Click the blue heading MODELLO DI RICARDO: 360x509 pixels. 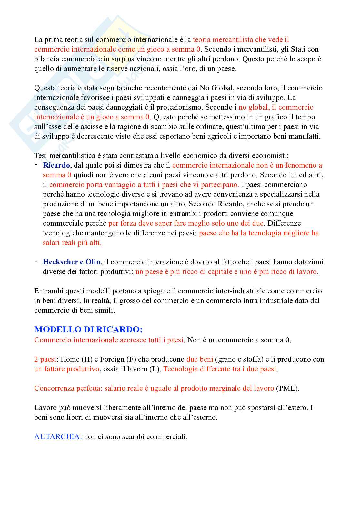(x=88, y=329)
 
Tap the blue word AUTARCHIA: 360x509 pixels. (x=58, y=437)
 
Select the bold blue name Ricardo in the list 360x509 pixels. (x=56, y=165)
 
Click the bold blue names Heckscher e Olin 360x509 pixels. (x=72, y=262)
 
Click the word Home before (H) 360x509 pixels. (x=70, y=359)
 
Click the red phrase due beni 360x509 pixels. (x=200, y=359)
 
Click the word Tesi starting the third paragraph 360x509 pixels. (x=41, y=156)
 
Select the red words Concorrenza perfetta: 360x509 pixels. (x=68, y=388)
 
